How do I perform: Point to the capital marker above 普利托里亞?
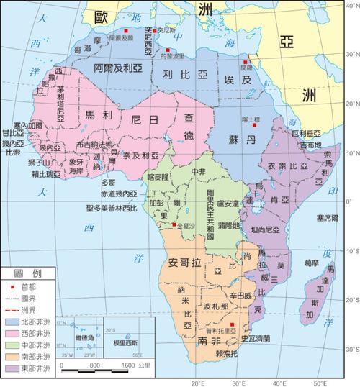pos(231,333)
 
